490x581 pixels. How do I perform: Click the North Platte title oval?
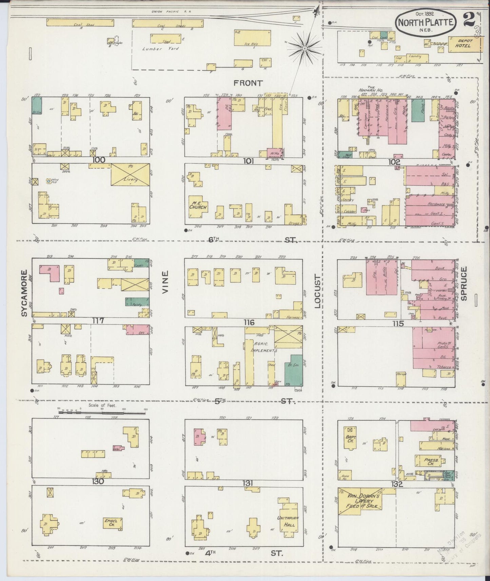click(x=426, y=23)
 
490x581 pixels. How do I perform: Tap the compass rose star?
click(x=305, y=49)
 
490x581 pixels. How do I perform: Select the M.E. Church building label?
click(x=198, y=205)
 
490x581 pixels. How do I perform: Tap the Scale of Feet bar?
click(x=102, y=413)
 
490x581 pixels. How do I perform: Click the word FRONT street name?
click(x=249, y=83)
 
